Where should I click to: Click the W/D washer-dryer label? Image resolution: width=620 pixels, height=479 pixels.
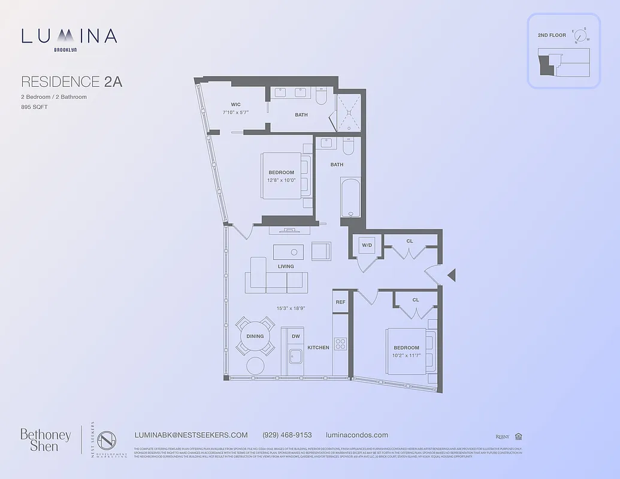pyautogui.click(x=367, y=245)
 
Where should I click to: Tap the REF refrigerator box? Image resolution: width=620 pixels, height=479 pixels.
pyautogui.click(x=340, y=302)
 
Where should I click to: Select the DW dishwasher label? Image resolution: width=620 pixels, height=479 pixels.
pyautogui.click(x=295, y=336)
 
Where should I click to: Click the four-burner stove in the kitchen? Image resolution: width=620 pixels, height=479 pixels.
pyautogui.click(x=340, y=344)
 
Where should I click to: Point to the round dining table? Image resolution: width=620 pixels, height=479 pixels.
pyautogui.click(x=255, y=336)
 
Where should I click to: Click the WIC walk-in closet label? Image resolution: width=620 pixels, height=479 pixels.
pyautogui.click(x=235, y=104)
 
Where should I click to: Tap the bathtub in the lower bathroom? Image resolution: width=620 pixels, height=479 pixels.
pyautogui.click(x=350, y=198)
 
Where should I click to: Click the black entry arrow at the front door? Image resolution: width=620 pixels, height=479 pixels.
pyautogui.click(x=452, y=275)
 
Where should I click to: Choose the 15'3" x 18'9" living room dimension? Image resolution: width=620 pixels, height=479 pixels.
pyautogui.click(x=291, y=308)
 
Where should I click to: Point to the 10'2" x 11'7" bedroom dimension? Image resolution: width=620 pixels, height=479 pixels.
pyautogui.click(x=406, y=356)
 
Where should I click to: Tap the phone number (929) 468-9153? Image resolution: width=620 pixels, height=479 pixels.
pyautogui.click(x=287, y=435)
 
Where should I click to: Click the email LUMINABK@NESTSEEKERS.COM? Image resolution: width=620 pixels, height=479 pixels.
pyautogui.click(x=192, y=435)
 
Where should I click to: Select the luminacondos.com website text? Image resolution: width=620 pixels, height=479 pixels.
pyautogui.click(x=356, y=435)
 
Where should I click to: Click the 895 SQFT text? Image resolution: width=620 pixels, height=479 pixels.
pyautogui.click(x=34, y=107)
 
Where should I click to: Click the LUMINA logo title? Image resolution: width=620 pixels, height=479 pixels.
pyautogui.click(x=69, y=37)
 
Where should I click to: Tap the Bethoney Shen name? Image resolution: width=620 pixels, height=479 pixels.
pyautogui.click(x=46, y=439)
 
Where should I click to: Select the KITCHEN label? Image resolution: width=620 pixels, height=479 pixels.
pyautogui.click(x=318, y=347)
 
